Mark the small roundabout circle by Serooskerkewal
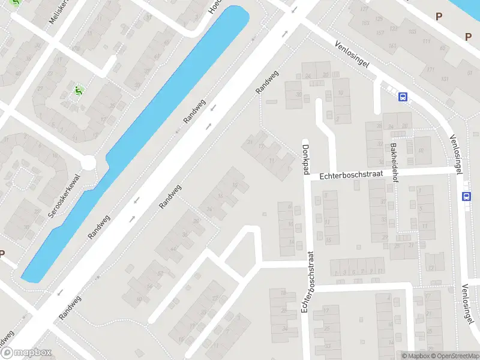(x=89, y=162)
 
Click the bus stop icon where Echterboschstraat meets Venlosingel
(x=467, y=196)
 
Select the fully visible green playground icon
(x=77, y=91)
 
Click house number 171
(x=431, y=70)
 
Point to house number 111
(x=427, y=41)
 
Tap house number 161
(x=393, y=46)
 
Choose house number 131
(x=445, y=79)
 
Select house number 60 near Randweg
(x=139, y=298)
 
